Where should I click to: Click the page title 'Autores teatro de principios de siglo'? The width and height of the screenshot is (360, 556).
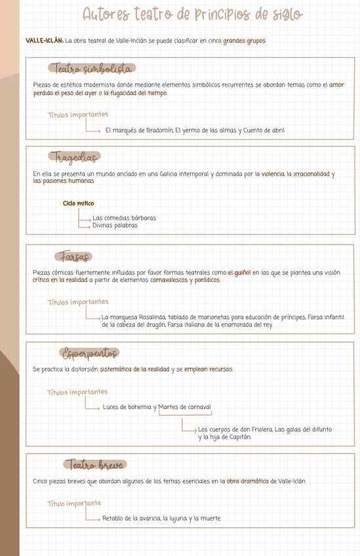(193, 15)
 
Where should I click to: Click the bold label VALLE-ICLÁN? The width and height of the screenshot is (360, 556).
(45, 41)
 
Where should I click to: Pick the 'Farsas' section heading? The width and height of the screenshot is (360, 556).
(74, 256)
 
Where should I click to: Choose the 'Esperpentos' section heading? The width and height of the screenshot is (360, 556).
(90, 353)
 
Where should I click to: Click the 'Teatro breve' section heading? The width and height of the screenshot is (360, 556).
(94, 465)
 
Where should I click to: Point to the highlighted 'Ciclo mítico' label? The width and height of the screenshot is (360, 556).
(78, 203)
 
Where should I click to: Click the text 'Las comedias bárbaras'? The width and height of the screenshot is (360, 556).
(124, 218)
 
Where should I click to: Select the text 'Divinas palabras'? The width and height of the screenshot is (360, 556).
(115, 225)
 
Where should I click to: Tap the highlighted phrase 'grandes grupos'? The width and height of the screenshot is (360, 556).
(244, 41)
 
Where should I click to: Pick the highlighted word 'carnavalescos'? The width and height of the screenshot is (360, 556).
(169, 280)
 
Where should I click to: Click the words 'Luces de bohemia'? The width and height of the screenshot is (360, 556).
(127, 407)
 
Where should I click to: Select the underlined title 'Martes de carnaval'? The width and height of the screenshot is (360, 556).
(185, 407)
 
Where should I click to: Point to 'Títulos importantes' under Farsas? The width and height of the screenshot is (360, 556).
(78, 302)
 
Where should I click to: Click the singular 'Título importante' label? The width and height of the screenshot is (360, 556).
(74, 504)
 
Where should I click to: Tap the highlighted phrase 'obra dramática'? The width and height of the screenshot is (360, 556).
(247, 481)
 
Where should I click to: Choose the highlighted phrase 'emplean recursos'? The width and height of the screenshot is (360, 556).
(208, 370)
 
